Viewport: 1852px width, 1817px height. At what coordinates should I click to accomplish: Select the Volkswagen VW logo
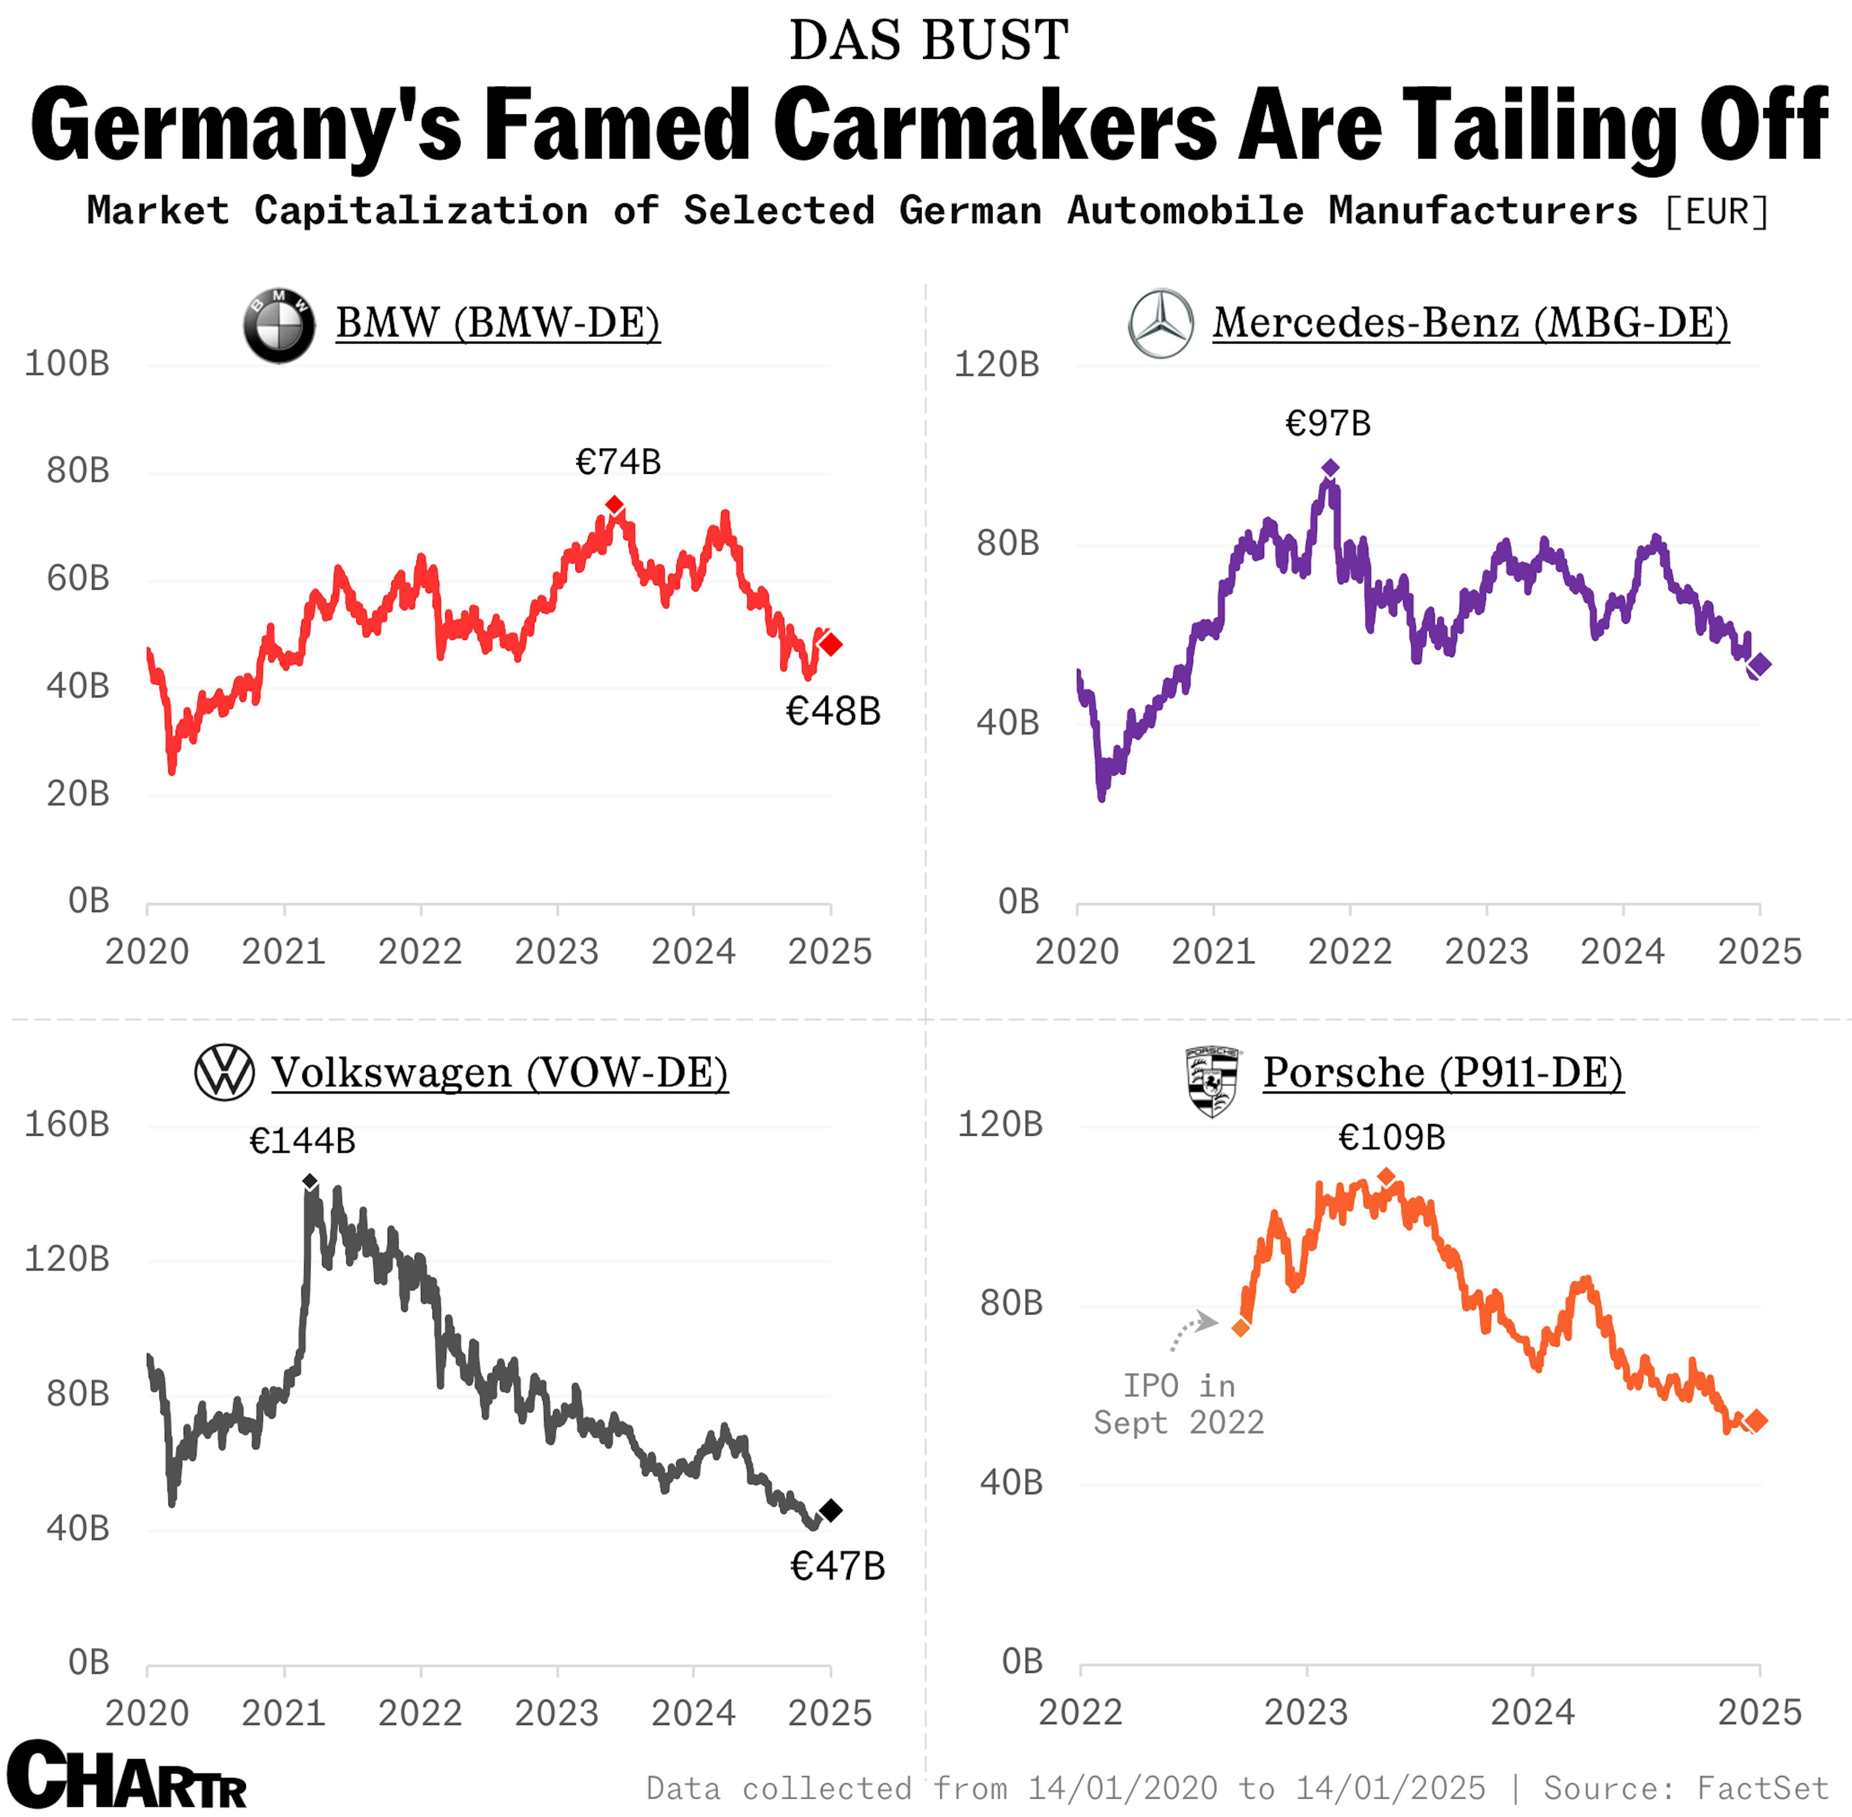(224, 1073)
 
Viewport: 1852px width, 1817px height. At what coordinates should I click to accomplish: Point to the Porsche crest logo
(1212, 1081)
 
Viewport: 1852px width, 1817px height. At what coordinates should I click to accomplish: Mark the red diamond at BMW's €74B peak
(615, 505)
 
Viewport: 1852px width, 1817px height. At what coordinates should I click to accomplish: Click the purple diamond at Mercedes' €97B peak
(1330, 468)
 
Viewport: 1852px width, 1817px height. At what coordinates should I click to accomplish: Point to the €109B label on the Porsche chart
(1391, 1138)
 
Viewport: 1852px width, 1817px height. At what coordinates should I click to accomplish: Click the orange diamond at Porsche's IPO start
(1240, 1328)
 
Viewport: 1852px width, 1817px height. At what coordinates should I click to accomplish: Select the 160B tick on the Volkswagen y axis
(67, 1124)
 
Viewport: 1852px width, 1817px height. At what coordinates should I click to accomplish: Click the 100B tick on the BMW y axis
(67, 363)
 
